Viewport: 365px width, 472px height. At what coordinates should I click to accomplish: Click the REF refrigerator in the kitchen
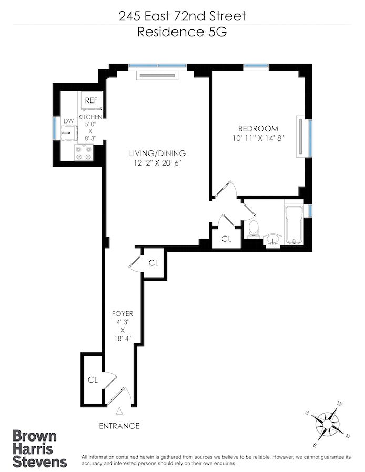(92, 100)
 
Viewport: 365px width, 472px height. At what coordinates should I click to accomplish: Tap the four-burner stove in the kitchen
(84, 152)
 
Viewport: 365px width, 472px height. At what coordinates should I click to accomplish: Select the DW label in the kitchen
(69, 121)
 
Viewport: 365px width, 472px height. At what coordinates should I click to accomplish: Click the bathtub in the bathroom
(293, 224)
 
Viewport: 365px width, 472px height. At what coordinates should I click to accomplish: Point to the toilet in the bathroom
(254, 229)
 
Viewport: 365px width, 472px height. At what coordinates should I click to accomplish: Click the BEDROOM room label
(258, 129)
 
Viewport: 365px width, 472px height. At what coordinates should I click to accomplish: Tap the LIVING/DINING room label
(157, 153)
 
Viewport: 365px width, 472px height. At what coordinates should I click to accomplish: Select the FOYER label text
(123, 314)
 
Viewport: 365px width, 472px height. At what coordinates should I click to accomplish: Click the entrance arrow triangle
(120, 411)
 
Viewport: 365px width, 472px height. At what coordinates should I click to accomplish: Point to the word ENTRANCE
(119, 426)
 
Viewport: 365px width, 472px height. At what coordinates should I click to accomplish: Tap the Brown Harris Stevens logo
(39, 448)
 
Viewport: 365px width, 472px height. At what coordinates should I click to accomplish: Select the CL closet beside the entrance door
(93, 380)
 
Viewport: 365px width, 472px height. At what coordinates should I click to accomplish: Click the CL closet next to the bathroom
(227, 239)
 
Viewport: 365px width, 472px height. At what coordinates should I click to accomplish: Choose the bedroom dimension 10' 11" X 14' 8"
(258, 138)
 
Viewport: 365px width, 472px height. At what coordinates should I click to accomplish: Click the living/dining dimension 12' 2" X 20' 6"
(157, 163)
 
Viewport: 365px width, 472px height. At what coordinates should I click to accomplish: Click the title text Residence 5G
(182, 32)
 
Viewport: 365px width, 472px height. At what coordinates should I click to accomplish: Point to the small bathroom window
(310, 210)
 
